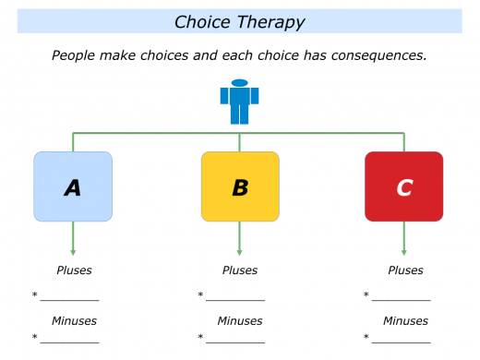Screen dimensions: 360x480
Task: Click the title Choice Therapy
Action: (239, 21)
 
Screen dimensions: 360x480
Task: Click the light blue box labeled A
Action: (73, 187)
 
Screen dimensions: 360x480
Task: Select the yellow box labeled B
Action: (239, 187)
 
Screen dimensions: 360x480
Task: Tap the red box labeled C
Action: (403, 187)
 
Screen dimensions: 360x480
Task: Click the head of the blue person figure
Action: (239, 83)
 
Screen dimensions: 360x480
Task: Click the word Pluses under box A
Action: (74, 270)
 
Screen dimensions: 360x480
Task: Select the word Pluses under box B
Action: (240, 270)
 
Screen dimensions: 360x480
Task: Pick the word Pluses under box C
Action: (405, 270)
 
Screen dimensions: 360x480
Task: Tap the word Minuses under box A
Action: (74, 320)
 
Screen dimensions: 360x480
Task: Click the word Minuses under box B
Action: (240, 320)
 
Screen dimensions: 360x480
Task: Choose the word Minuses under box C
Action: (405, 320)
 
